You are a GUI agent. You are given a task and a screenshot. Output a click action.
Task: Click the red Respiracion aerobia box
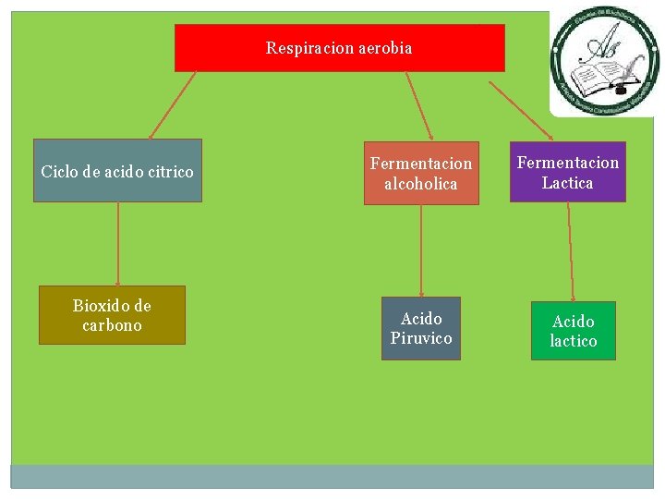click(339, 48)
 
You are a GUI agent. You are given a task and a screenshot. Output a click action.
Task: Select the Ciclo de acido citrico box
click(117, 171)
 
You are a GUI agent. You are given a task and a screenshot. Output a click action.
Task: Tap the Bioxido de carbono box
click(112, 315)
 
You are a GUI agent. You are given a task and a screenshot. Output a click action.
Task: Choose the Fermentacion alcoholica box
click(420, 173)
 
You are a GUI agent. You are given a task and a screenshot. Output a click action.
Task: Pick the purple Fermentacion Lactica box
click(567, 172)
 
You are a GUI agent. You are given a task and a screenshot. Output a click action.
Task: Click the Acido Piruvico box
click(421, 328)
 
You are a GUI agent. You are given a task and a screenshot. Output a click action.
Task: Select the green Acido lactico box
click(573, 331)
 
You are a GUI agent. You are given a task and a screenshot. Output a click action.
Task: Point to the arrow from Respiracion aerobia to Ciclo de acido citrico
click(173, 105)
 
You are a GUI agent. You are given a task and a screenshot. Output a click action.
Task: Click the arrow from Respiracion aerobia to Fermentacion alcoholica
click(418, 106)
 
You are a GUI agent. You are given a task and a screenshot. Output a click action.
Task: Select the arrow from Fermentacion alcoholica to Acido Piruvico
click(421, 250)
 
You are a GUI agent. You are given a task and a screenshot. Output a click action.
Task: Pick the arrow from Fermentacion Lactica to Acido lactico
click(571, 251)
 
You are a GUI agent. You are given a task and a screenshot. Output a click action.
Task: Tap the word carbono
click(112, 325)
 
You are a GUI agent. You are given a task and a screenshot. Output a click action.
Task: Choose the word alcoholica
click(420, 184)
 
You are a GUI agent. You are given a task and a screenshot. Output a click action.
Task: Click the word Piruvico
click(421, 338)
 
